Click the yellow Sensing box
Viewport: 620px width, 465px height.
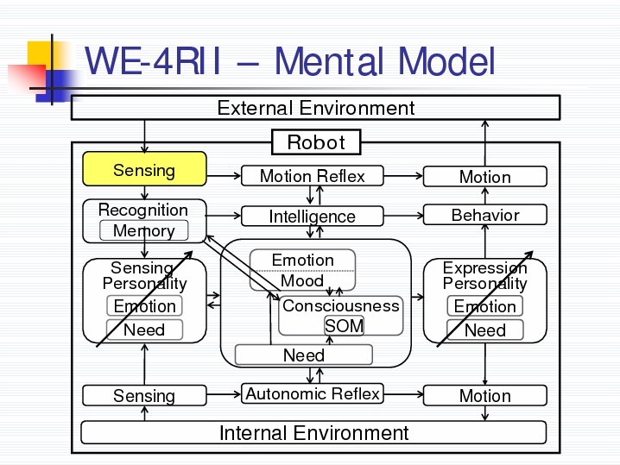(x=144, y=169)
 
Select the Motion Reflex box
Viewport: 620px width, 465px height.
(x=313, y=176)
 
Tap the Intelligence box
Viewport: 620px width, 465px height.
(x=313, y=216)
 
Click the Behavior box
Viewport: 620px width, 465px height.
(x=485, y=215)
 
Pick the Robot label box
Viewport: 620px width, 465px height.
(x=316, y=141)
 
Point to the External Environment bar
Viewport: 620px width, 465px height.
(x=315, y=108)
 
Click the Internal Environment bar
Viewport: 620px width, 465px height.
(x=313, y=432)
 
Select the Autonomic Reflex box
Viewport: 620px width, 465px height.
(x=313, y=393)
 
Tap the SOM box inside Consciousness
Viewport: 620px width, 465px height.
(x=344, y=326)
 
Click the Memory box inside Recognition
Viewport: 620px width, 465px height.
(x=144, y=230)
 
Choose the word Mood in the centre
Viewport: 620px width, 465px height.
(x=302, y=281)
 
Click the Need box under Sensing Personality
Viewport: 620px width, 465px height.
(x=144, y=330)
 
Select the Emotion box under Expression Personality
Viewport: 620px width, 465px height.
(x=484, y=306)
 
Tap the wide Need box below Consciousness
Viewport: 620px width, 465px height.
(x=304, y=355)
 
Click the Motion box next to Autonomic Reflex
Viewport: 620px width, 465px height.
(x=485, y=395)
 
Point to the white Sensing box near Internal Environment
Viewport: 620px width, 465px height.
(x=144, y=395)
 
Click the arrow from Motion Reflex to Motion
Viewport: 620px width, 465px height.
(x=403, y=176)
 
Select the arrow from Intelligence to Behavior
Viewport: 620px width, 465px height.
(x=403, y=216)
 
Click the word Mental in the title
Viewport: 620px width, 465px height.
(x=329, y=61)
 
